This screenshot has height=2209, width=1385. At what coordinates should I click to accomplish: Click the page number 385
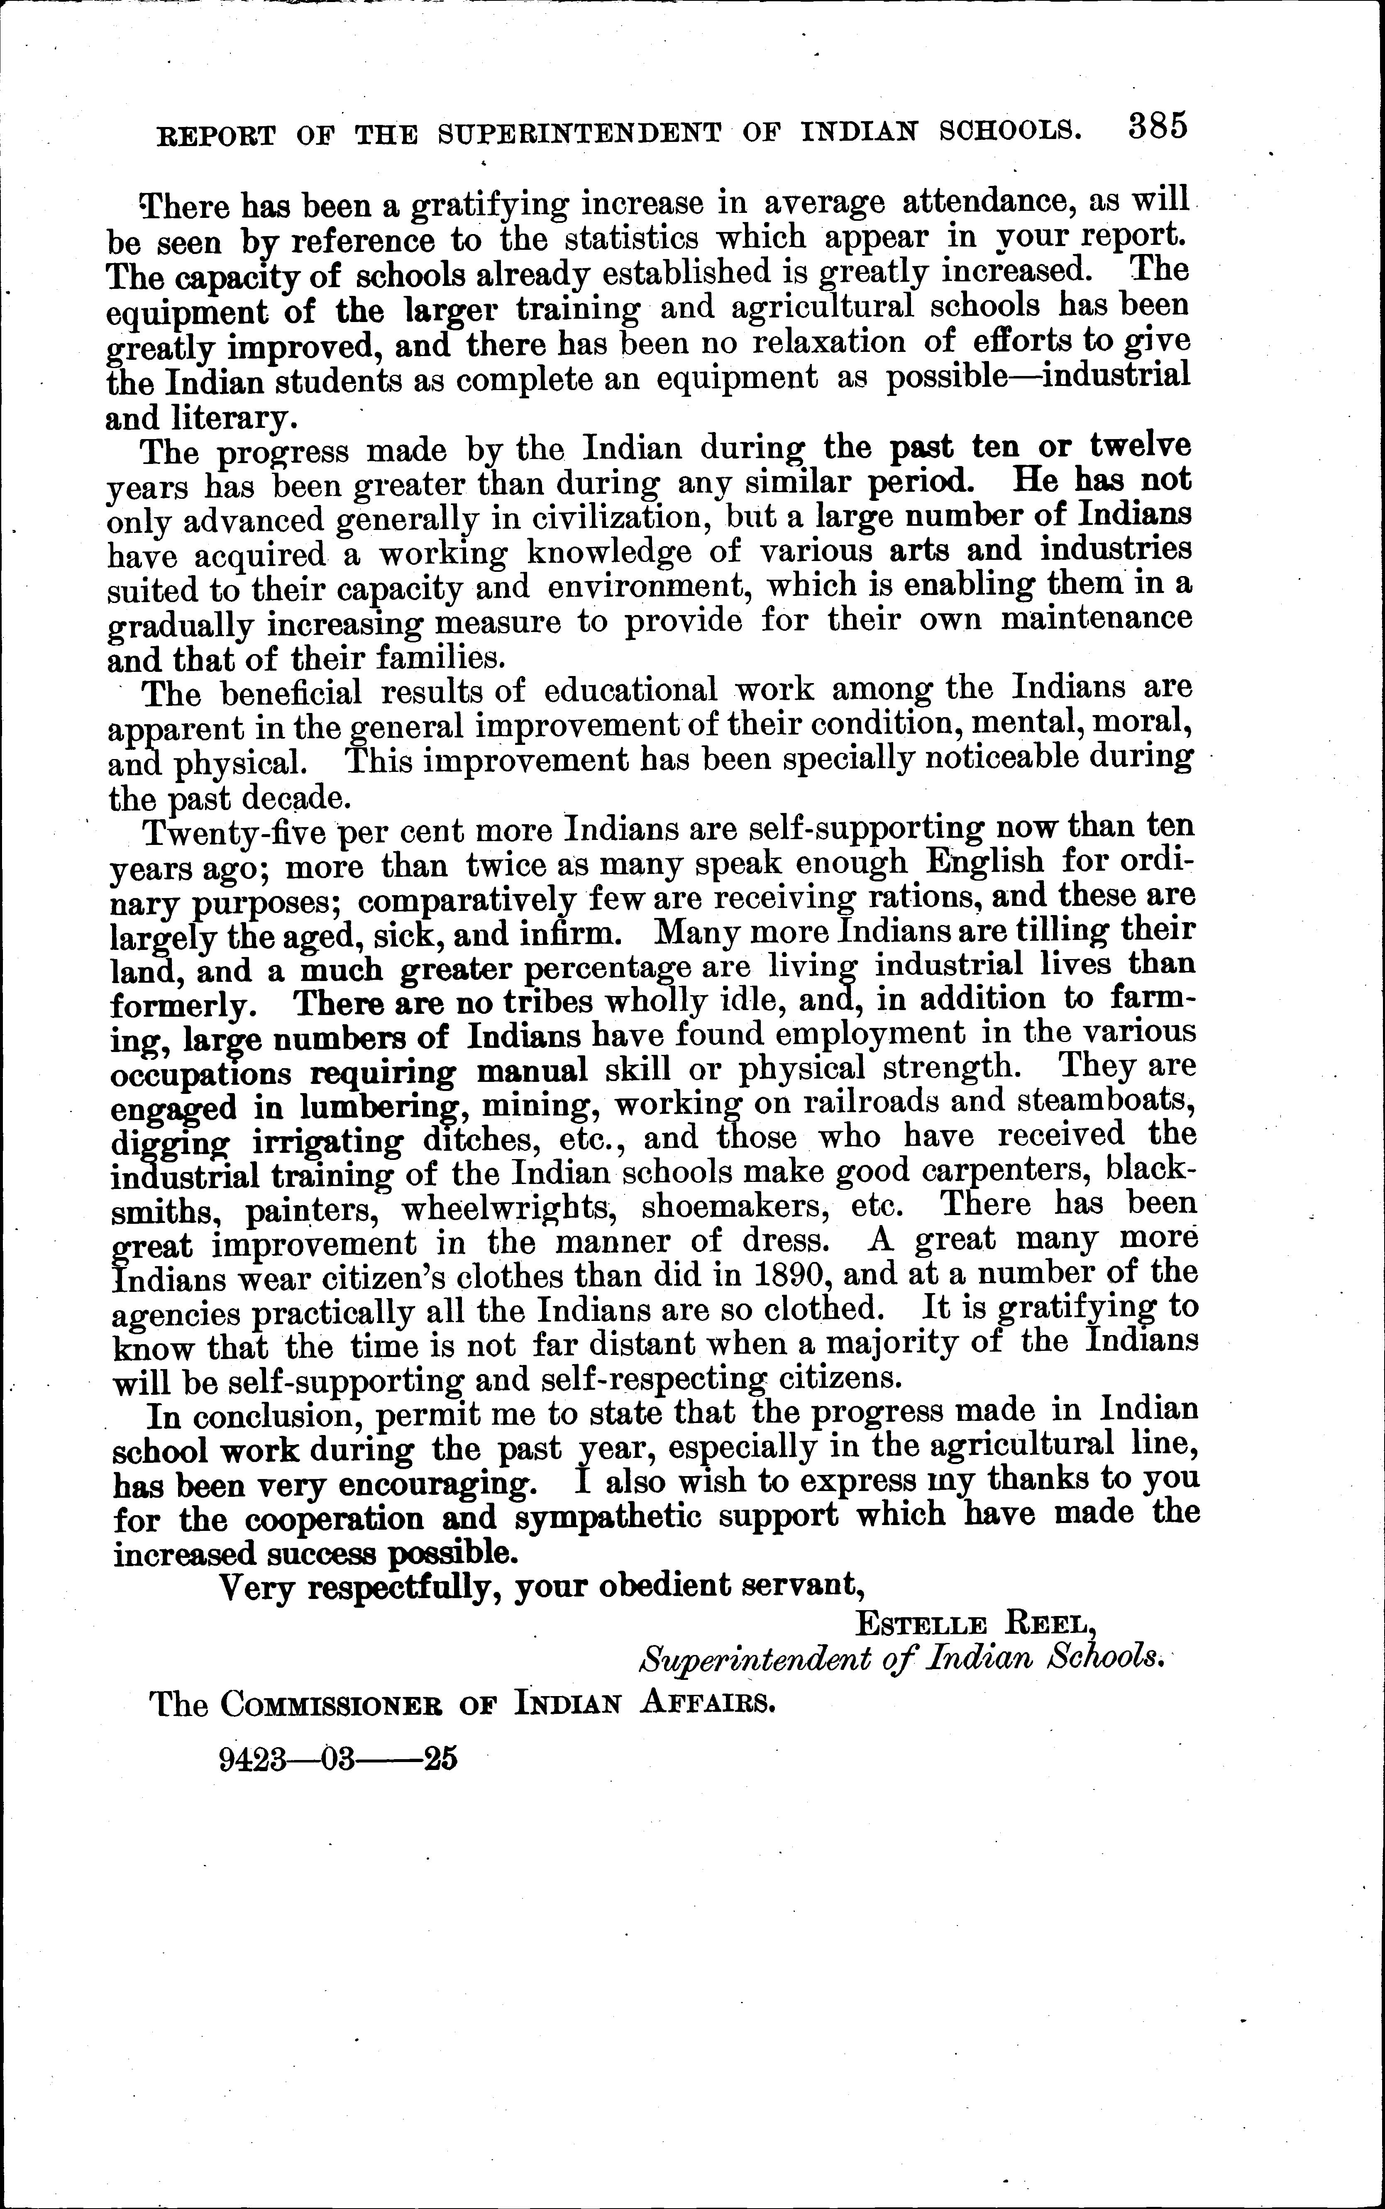(1158, 125)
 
